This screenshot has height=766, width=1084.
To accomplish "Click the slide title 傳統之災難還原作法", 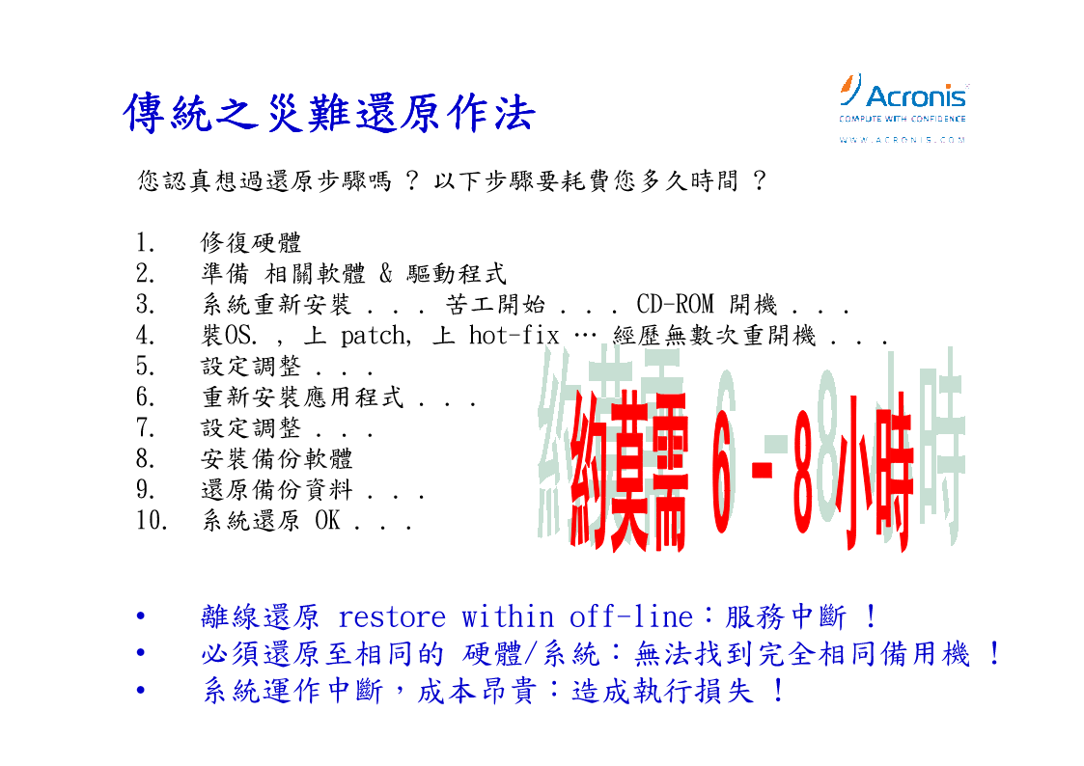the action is [x=329, y=113].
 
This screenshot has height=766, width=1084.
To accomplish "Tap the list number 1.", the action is [x=145, y=243].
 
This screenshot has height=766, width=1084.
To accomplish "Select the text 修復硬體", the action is [x=251, y=243].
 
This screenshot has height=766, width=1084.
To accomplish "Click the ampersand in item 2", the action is [x=386, y=274].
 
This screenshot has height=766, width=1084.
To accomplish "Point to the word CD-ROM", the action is [x=675, y=305].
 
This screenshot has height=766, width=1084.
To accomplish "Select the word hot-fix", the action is [x=514, y=336].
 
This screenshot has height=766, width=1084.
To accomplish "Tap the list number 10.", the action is [x=152, y=520].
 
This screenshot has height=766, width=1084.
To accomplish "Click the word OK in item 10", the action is [x=327, y=520].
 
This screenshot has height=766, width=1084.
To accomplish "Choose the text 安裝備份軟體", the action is [x=276, y=458].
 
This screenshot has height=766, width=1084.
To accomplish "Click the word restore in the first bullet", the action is [x=391, y=617].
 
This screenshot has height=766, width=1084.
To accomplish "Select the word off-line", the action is [x=630, y=616].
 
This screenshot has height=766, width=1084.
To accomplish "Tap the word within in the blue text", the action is [x=508, y=616].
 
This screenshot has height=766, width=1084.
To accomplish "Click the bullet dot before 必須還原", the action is [x=141, y=653].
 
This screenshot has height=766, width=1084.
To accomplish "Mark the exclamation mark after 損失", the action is [x=778, y=690].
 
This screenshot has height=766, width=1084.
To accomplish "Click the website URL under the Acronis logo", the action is [x=903, y=140].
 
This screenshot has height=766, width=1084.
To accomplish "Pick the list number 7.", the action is [x=145, y=428].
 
